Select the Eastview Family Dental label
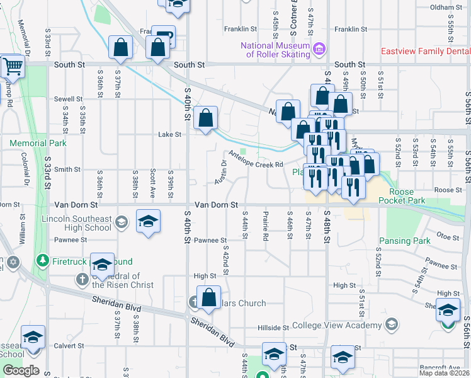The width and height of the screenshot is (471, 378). (x=426, y=51)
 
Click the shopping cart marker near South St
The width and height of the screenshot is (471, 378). (x=13, y=66)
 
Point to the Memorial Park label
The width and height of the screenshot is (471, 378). (x=38, y=143)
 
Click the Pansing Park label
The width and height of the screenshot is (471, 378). (x=404, y=241)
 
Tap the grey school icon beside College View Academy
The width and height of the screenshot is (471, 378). (x=392, y=324)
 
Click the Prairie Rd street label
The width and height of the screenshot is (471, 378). (x=265, y=227)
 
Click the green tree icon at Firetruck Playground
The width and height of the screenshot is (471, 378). (x=42, y=260)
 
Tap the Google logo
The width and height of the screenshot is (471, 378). (x=21, y=370)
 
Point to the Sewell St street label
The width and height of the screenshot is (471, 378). (x=68, y=99)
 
